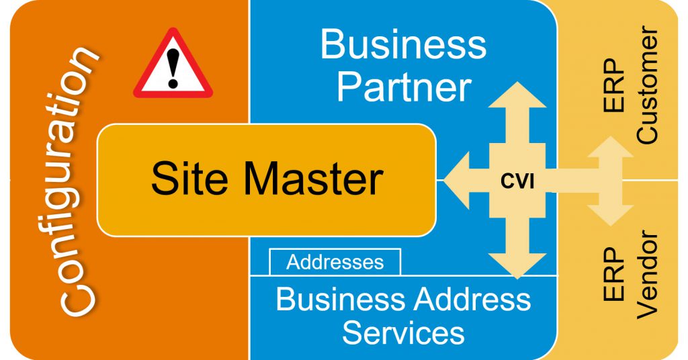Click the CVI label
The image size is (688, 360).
tap(517, 181)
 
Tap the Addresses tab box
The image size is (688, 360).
tap(335, 261)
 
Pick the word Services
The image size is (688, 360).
tap(403, 332)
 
